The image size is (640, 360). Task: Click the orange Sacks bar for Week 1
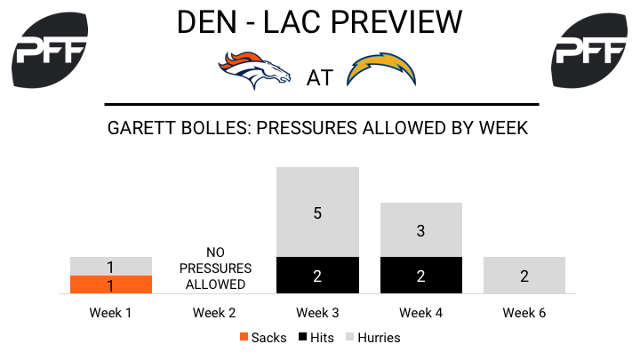(111, 284)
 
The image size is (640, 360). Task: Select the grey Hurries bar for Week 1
(111, 266)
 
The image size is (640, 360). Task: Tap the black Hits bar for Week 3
(317, 275)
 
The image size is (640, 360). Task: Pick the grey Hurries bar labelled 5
(317, 212)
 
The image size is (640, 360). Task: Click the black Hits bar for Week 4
(421, 275)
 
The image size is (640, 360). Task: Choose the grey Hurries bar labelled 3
(421, 230)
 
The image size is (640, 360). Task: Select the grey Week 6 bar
(524, 275)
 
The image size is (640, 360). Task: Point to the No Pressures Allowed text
(215, 268)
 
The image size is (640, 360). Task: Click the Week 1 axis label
(110, 313)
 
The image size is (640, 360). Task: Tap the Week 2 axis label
(214, 313)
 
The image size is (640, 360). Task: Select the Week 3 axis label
(317, 313)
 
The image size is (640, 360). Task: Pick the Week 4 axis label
(420, 313)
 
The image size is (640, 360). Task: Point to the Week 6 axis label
(524, 313)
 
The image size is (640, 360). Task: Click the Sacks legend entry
(263, 338)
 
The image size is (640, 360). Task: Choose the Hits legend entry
(316, 338)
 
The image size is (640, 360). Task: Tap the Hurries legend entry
(373, 338)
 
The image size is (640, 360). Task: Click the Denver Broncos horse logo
(254, 70)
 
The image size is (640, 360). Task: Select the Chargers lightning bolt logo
(381, 69)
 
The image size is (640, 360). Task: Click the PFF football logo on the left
(50, 50)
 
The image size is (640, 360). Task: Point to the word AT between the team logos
(320, 78)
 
